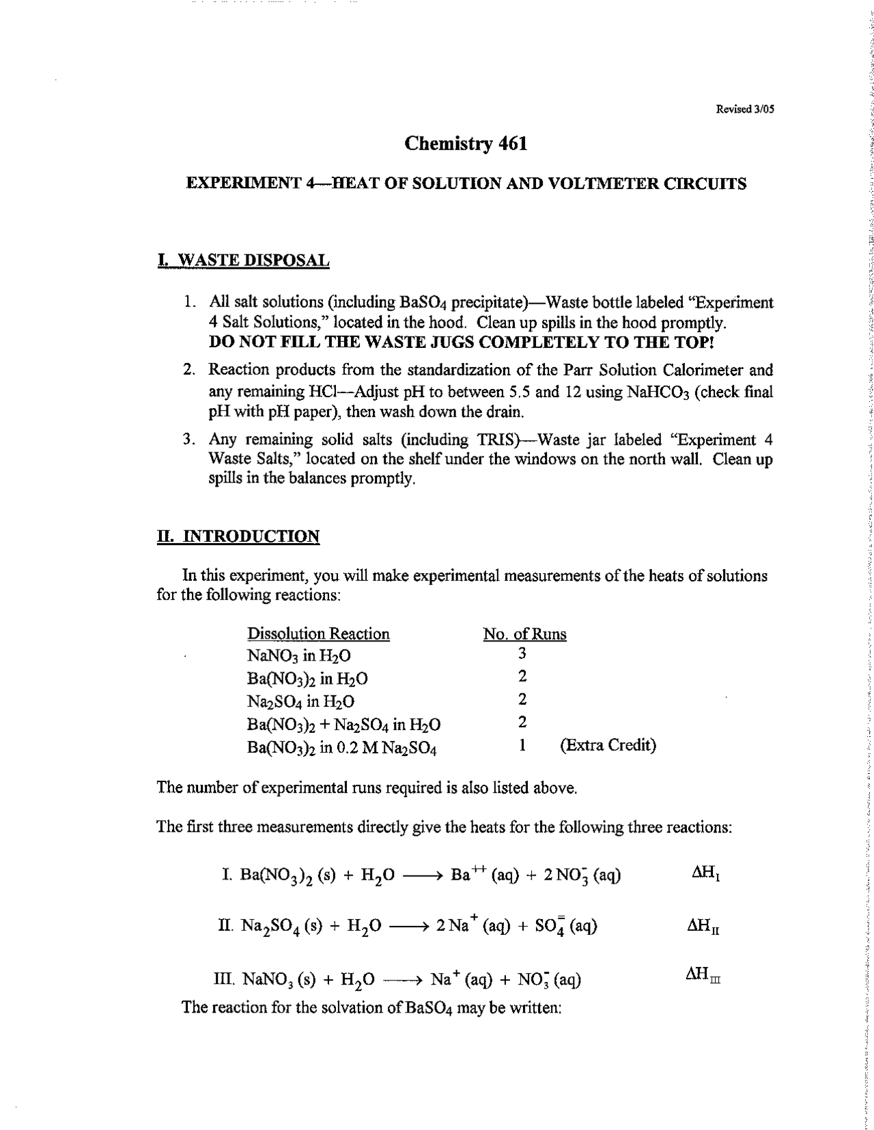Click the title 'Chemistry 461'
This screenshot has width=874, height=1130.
[x=466, y=144]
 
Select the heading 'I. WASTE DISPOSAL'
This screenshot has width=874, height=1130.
[x=243, y=260]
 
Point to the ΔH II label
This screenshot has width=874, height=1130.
[x=703, y=927]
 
